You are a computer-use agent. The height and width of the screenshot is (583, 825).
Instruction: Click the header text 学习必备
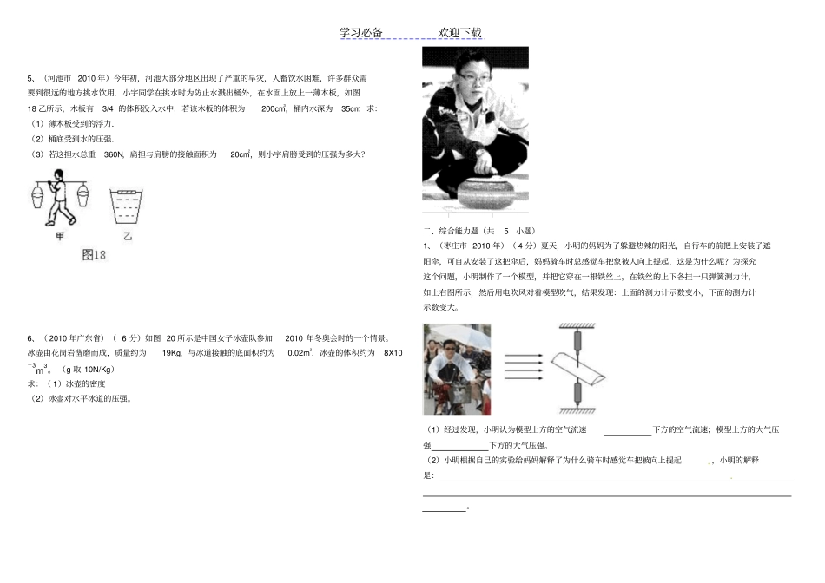(360, 33)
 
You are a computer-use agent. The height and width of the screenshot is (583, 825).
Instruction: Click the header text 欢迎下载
(459, 33)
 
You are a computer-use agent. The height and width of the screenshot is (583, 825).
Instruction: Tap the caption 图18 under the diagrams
(93, 255)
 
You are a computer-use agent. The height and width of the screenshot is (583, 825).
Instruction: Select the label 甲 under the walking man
(58, 235)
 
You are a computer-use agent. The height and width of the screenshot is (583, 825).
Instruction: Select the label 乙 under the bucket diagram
(127, 235)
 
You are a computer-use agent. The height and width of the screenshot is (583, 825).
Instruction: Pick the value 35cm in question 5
(351, 108)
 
